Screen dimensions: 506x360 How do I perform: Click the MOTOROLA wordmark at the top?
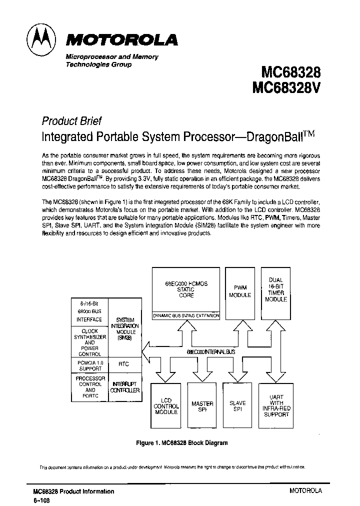point(121,40)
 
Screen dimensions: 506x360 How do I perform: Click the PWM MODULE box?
point(240,291)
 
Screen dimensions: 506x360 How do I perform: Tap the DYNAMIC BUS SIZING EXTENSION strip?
point(186,315)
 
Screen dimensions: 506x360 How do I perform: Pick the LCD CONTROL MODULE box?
point(165,406)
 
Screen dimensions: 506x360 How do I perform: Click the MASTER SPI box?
point(202,406)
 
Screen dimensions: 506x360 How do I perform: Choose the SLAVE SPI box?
point(237,406)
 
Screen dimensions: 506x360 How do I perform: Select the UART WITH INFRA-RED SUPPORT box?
point(276,405)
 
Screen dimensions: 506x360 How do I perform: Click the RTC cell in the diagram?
point(123,364)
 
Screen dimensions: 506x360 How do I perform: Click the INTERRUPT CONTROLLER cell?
point(123,386)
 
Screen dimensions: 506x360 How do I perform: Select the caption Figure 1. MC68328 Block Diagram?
point(182,443)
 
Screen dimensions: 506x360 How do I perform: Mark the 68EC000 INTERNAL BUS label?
point(210,352)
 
